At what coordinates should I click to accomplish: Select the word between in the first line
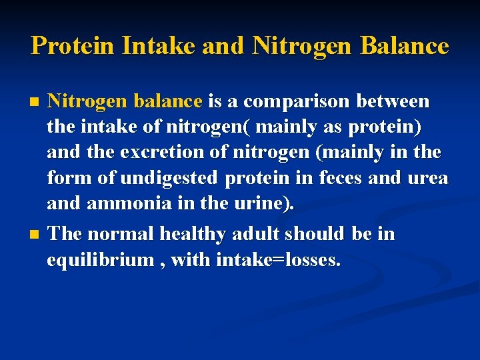[x=393, y=101]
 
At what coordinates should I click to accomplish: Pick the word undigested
[x=169, y=179]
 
